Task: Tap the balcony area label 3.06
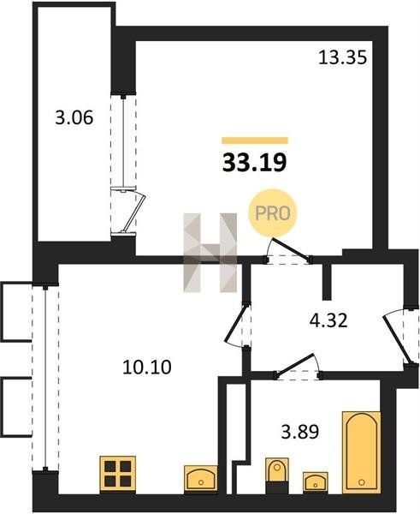pyautogui.click(x=74, y=117)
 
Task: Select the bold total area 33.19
pyautogui.click(x=255, y=163)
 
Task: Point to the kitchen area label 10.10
pyautogui.click(x=147, y=367)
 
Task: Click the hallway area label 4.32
pyautogui.click(x=328, y=320)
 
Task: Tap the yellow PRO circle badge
pyautogui.click(x=272, y=213)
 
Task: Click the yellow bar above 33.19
pyautogui.click(x=255, y=140)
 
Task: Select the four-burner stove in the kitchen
pyautogui.click(x=118, y=475)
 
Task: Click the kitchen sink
pyautogui.click(x=201, y=479)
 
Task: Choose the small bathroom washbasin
pyautogui.click(x=316, y=481)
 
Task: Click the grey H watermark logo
pyautogui.click(x=210, y=253)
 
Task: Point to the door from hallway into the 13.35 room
pyautogui.click(x=289, y=250)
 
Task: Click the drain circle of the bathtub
pyautogui.click(x=361, y=481)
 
